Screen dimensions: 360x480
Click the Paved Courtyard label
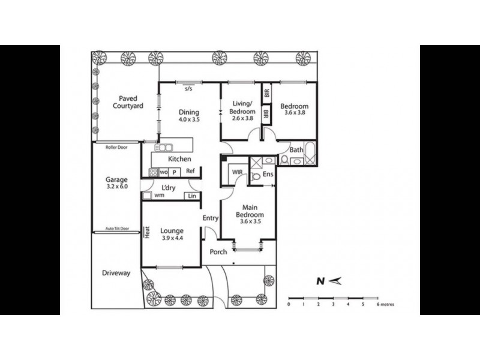128,102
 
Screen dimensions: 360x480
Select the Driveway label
116,273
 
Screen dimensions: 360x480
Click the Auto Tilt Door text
116,229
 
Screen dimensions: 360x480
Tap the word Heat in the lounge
146,232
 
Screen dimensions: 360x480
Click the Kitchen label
179,159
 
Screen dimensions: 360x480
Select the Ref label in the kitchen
190,172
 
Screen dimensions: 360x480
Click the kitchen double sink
164,147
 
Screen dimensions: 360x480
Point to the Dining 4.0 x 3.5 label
189,115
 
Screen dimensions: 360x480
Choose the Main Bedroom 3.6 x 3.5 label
249,215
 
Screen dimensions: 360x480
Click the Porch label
218,251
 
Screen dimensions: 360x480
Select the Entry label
210,218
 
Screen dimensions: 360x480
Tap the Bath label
296,150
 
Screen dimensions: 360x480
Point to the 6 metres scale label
386,304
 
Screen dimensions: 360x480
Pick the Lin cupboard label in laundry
192,196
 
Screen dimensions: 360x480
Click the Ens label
268,175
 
